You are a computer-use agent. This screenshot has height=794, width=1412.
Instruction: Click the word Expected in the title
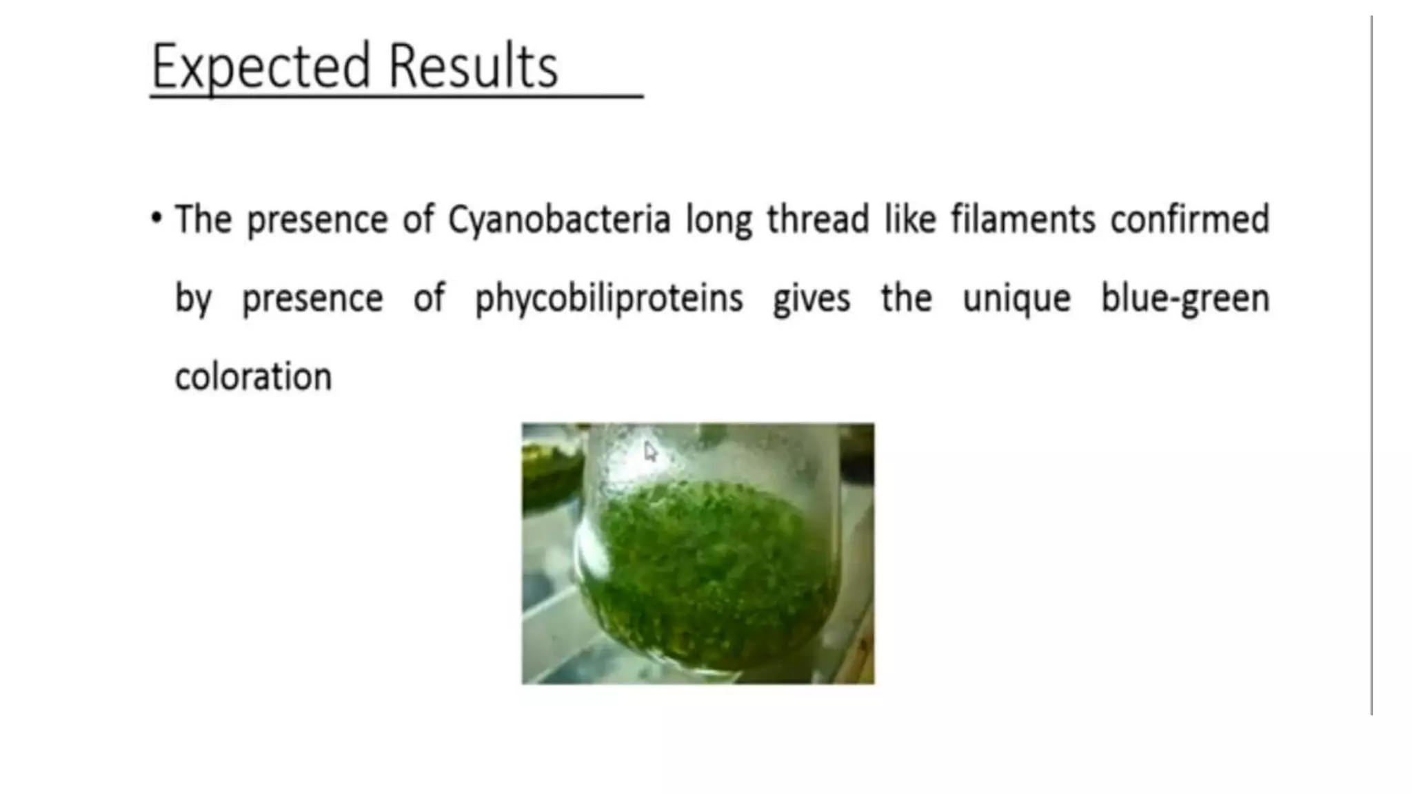click(261, 67)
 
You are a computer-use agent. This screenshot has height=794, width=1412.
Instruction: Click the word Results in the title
click(473, 67)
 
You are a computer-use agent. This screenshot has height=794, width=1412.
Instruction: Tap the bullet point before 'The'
click(157, 218)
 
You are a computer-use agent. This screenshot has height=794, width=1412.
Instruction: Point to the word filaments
click(1023, 219)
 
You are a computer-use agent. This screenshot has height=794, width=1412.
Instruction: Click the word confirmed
click(1189, 219)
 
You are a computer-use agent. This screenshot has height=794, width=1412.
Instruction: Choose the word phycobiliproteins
click(609, 299)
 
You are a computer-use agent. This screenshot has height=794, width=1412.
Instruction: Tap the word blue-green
click(1184, 299)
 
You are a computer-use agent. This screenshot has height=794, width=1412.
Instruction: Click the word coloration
click(253, 377)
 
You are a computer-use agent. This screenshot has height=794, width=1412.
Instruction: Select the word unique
click(1016, 299)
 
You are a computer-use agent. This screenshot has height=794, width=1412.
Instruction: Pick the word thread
click(818, 219)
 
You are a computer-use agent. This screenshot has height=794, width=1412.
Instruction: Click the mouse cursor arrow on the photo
click(650, 452)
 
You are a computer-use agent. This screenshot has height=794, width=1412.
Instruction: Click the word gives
click(811, 299)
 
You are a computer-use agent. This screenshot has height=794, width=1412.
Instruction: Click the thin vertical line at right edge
click(1371, 365)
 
